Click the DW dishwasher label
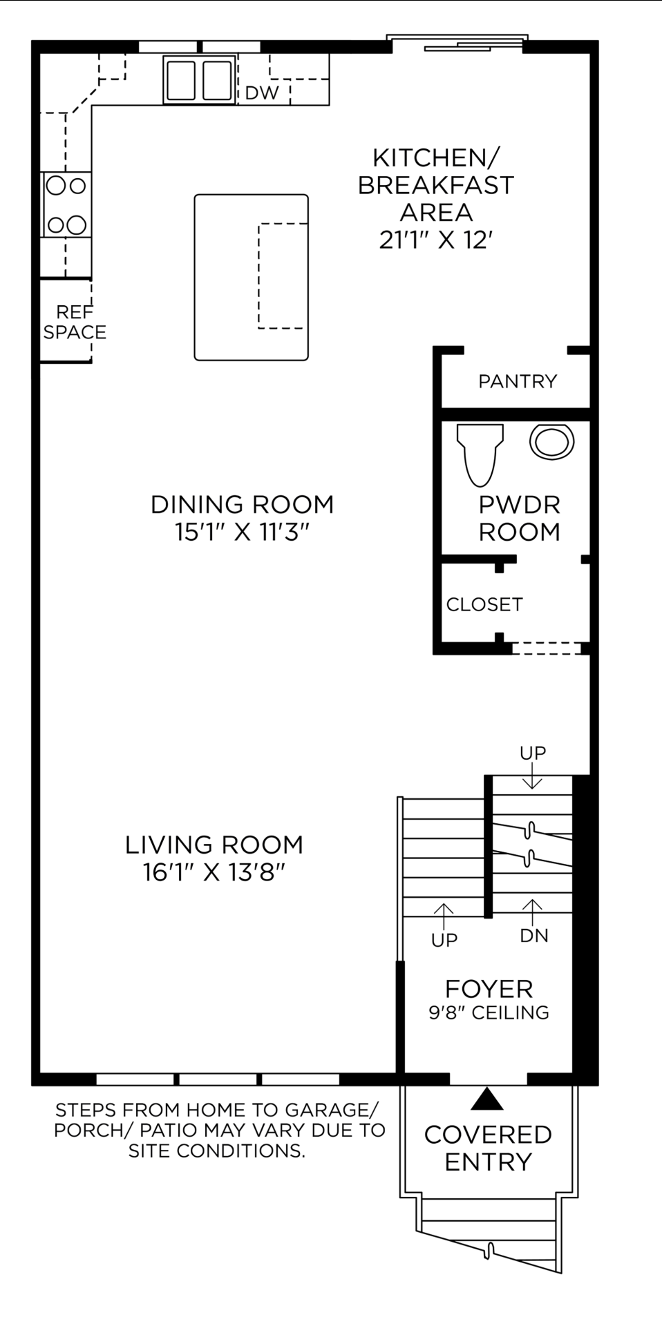[262, 93]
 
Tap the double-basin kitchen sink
[198, 80]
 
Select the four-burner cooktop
[66, 205]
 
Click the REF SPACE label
[75, 323]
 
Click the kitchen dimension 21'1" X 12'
[435, 240]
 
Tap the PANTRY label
[518, 381]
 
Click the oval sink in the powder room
[551, 441]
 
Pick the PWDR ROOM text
[519, 519]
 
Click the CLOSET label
[484, 604]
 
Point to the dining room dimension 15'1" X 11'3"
[242, 532]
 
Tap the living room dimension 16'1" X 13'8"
[214, 872]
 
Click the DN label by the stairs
[533, 936]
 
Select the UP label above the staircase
[533, 753]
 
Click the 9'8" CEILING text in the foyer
[489, 1012]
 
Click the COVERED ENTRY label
[488, 1148]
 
